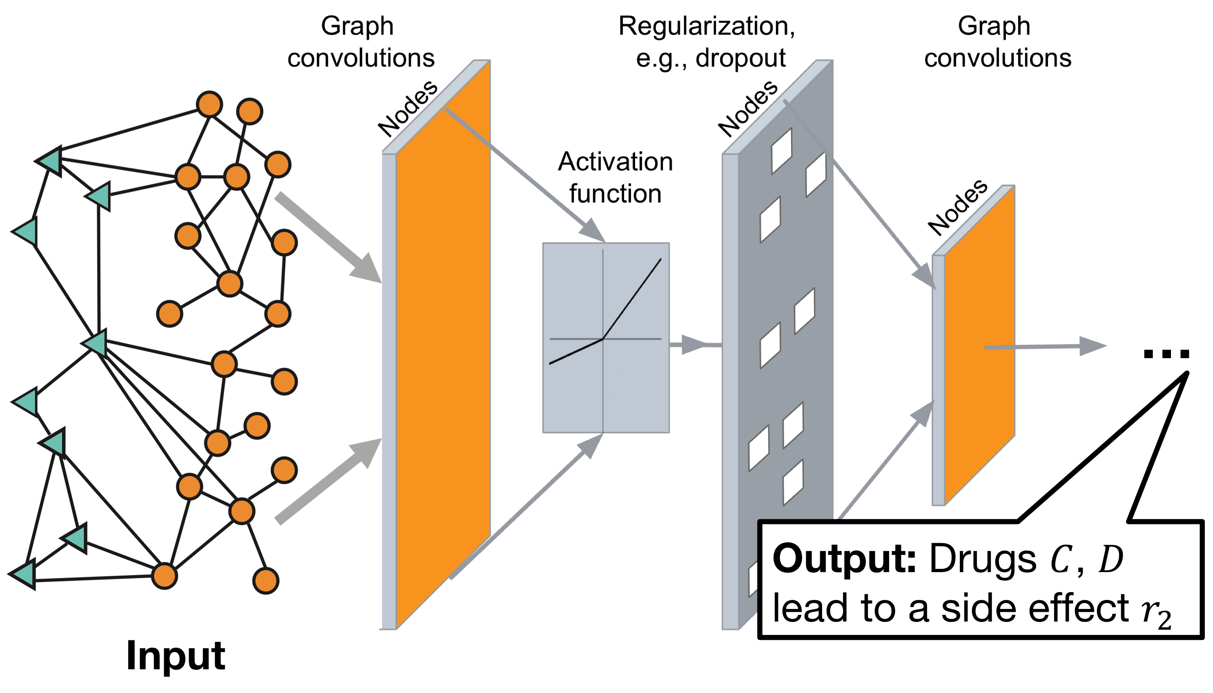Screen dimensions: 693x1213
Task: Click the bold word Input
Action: [175, 656]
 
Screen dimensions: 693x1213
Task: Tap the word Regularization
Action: [706, 26]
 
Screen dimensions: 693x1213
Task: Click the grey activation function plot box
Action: [605, 338]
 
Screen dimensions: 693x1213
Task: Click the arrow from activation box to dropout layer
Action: [695, 344]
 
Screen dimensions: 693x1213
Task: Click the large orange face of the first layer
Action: [443, 343]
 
